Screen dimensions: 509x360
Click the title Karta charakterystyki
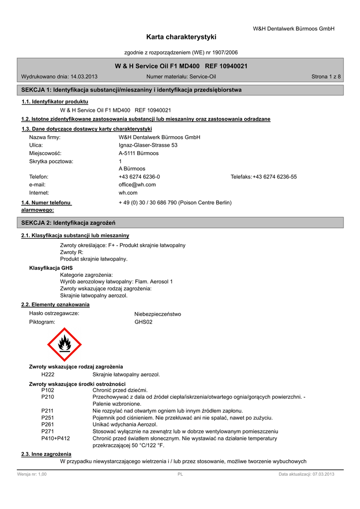181,37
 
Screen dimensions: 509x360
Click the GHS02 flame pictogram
64,344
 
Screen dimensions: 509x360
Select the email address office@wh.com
137,184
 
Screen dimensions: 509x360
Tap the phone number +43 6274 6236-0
139,176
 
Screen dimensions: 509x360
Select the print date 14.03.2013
84,77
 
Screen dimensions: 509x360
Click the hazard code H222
48,374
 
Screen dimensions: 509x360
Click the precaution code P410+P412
55,438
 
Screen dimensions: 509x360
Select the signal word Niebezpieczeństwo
158,314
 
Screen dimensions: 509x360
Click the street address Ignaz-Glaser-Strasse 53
148,145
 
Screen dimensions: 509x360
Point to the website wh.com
128,192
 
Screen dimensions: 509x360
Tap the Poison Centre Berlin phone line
175,203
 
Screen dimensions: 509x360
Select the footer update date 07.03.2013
319,474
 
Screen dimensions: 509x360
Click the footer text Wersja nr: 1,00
32,474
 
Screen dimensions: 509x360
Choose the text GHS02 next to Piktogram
143,322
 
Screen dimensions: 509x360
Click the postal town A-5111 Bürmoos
139,153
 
